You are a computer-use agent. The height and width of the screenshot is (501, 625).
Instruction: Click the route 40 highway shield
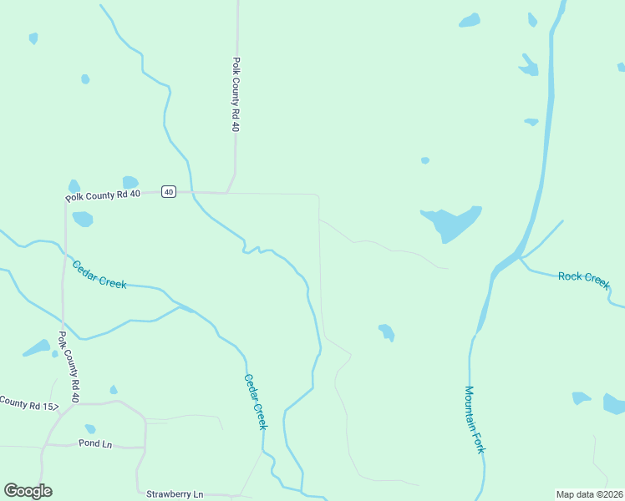(x=169, y=192)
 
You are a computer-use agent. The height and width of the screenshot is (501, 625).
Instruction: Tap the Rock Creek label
(x=584, y=277)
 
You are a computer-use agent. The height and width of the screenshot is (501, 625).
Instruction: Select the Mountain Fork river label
(x=475, y=419)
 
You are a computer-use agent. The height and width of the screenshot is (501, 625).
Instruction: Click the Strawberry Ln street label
(x=175, y=494)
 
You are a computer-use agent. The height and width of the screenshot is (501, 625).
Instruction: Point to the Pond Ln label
(x=95, y=443)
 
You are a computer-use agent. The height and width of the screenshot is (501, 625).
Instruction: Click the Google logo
(x=28, y=491)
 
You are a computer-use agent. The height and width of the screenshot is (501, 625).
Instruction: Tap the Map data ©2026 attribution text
(x=589, y=493)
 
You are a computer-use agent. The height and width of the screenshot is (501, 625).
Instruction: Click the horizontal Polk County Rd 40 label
(x=102, y=196)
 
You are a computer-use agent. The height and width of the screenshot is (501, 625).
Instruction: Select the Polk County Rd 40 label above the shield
(x=236, y=94)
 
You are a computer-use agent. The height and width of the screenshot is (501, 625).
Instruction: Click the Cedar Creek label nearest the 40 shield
(x=99, y=275)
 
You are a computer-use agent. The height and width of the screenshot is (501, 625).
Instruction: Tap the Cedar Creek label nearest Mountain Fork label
(x=256, y=401)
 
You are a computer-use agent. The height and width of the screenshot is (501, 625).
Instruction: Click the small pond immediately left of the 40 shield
(x=130, y=182)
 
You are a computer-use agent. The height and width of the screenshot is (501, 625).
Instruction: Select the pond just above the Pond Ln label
(x=90, y=428)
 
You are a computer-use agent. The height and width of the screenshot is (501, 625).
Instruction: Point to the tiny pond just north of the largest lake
(x=425, y=160)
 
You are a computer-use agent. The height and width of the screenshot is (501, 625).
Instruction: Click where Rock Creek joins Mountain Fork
(x=519, y=258)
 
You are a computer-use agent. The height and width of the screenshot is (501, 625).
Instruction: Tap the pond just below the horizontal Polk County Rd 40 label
(x=83, y=219)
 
